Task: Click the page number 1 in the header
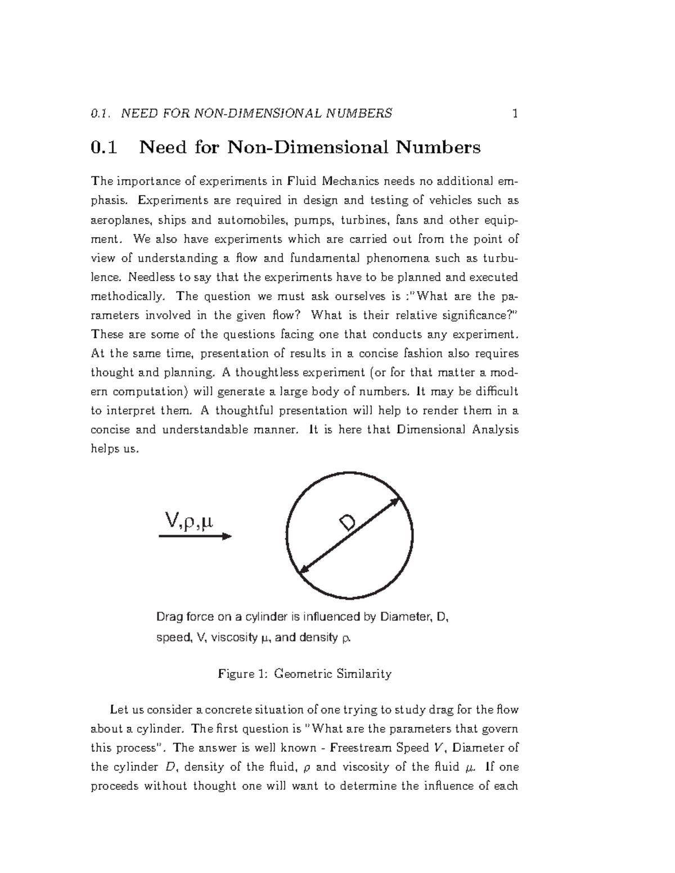[514, 114]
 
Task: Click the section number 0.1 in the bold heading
[104, 148]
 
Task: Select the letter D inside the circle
[346, 524]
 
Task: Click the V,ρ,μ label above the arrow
[189, 521]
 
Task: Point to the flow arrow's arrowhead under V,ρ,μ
[227, 536]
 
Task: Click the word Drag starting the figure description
[169, 617]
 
